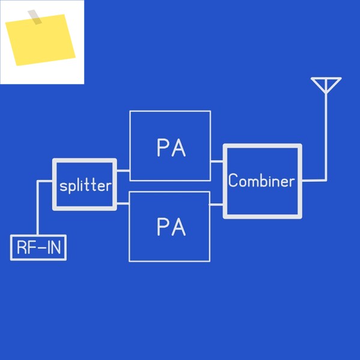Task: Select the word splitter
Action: pos(85,186)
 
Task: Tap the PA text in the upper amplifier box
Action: pos(171,148)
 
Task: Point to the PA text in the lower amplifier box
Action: pos(171,227)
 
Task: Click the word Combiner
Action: pos(262,181)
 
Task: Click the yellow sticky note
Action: pos(40,40)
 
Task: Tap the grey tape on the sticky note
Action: pos(35,17)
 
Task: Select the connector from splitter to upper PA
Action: pos(123,170)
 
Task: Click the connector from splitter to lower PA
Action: pos(123,203)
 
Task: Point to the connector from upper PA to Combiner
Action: pos(217,161)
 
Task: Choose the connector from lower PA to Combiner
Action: pos(216,205)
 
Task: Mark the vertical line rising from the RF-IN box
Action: pos(38,208)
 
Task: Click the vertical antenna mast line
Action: pos(326,137)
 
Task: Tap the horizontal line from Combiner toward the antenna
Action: pos(314,181)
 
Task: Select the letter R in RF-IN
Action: pos(22,247)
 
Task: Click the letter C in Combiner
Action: pos(233,180)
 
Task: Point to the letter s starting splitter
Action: pos(63,186)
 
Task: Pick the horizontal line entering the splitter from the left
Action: pos(45,182)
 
